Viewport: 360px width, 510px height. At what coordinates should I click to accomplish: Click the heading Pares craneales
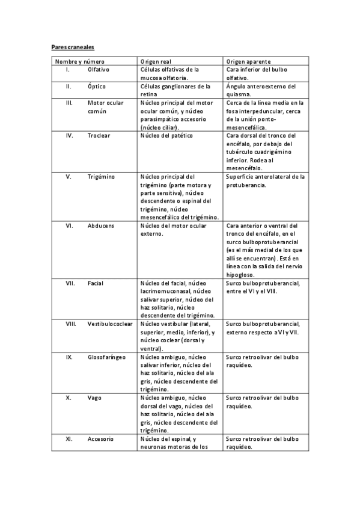(x=72, y=46)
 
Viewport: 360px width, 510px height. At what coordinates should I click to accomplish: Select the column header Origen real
(x=156, y=61)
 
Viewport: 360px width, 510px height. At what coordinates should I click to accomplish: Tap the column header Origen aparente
(x=248, y=61)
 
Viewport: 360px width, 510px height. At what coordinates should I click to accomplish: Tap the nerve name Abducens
(x=101, y=226)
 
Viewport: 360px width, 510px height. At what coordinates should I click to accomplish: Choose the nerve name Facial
(x=96, y=283)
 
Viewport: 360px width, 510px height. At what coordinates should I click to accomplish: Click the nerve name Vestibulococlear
(x=110, y=324)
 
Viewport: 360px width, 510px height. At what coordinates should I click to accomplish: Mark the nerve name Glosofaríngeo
(x=106, y=357)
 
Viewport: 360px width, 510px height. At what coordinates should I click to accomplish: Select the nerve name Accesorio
(x=100, y=439)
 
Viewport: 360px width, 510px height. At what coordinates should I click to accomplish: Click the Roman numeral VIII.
(x=71, y=324)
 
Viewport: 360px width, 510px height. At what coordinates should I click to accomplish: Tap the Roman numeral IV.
(x=70, y=136)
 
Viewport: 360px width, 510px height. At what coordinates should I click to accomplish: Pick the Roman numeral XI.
(x=69, y=439)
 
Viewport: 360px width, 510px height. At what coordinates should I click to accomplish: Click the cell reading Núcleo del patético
(x=166, y=136)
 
